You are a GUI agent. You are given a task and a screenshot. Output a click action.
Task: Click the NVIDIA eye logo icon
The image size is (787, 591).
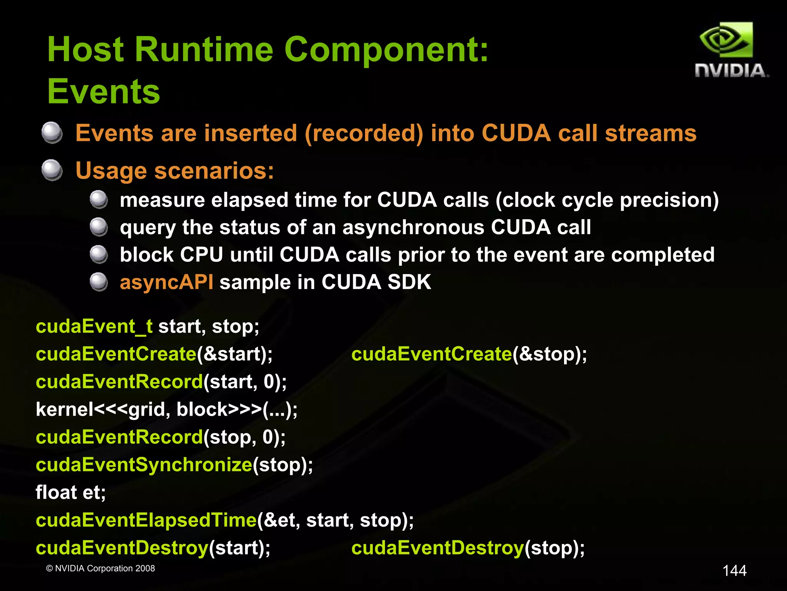(x=726, y=40)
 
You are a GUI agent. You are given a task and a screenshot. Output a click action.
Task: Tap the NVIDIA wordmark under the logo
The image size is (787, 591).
(x=731, y=71)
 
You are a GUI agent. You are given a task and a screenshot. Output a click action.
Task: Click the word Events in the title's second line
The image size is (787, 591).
(x=103, y=92)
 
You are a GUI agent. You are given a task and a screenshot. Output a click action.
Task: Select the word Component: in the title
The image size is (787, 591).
(x=386, y=50)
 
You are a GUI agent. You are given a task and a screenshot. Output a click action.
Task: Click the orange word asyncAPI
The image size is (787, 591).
(x=166, y=282)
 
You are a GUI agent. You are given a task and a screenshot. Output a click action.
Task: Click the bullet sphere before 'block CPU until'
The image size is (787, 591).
(x=99, y=254)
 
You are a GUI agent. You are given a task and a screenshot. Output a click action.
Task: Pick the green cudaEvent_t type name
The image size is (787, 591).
(x=94, y=326)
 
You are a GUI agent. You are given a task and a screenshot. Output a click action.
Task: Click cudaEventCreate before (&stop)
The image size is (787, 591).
(x=432, y=354)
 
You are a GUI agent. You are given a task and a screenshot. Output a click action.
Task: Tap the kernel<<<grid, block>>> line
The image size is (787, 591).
(x=166, y=409)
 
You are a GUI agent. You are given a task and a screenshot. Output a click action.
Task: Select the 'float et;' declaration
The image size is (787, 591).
(x=71, y=492)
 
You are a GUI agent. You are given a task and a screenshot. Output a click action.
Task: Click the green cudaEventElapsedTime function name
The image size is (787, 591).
(x=146, y=520)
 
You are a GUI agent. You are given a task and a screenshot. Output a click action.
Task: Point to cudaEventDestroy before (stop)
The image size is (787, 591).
(x=438, y=548)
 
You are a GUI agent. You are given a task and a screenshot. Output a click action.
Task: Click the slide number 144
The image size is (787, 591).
(x=734, y=570)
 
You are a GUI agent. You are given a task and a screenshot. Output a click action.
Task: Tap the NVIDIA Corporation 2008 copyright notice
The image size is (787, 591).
(x=100, y=568)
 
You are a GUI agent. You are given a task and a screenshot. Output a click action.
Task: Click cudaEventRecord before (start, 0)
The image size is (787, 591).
(x=119, y=381)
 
